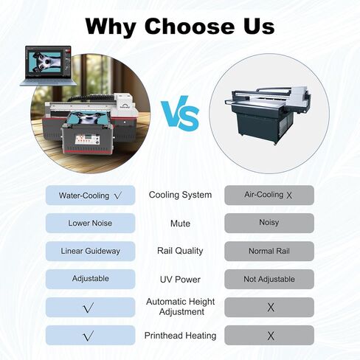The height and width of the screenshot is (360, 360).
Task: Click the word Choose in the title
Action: pos(190,27)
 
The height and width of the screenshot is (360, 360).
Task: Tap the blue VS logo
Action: pos(180,114)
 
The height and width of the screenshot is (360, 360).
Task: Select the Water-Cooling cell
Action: pos(90,195)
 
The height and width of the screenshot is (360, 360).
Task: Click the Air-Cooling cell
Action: pos(269,195)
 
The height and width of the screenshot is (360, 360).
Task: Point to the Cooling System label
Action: pos(180,195)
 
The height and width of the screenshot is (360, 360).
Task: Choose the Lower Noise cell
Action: pos(90,224)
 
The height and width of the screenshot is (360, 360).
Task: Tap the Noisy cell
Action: pos(269,223)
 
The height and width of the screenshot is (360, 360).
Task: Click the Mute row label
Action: pos(180,224)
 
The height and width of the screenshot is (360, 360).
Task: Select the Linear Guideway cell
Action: pos(90,251)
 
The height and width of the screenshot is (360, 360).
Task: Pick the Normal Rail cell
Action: pos(269,251)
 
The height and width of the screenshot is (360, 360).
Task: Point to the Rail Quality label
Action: pos(180,251)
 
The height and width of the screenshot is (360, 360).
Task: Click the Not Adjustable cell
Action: pos(269,279)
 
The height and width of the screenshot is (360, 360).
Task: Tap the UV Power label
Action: pos(180,280)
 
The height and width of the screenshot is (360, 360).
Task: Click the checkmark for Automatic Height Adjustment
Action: pos(89,308)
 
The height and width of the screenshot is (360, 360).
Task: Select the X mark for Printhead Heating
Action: pos(271,336)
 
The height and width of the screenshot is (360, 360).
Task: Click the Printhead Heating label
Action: pos(180,336)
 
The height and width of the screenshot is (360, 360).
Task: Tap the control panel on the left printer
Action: pos(87,139)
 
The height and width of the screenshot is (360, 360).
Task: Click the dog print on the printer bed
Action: pos(88,119)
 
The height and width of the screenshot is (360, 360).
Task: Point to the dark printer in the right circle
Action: pos(268,114)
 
